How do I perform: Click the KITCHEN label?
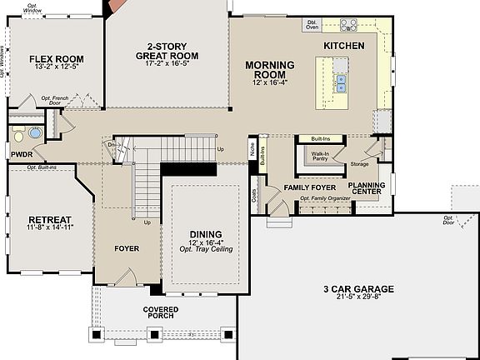[x=343, y=45]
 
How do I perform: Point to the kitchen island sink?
[x=342, y=82]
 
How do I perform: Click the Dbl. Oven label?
[x=312, y=25]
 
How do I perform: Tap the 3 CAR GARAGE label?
[x=358, y=289]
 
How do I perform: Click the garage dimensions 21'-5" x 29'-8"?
[x=358, y=298]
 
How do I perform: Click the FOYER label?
[x=127, y=248]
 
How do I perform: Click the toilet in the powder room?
[x=33, y=133]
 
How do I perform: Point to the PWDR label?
[x=21, y=154]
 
